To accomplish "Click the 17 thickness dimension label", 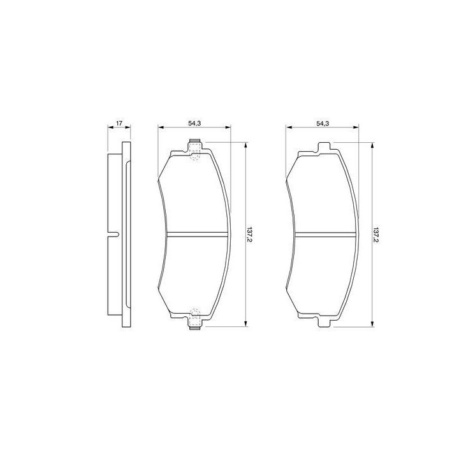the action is [119, 123].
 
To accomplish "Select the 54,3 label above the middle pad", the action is [194, 123].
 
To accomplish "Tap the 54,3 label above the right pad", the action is [323, 123].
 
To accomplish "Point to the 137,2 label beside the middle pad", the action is [250, 235].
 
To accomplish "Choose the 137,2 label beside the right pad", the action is [377, 235].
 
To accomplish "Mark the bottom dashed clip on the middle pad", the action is [195, 319].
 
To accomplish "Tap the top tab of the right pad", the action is [324, 147].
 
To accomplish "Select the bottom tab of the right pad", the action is [324, 321].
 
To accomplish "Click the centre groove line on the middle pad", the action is [197, 235].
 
